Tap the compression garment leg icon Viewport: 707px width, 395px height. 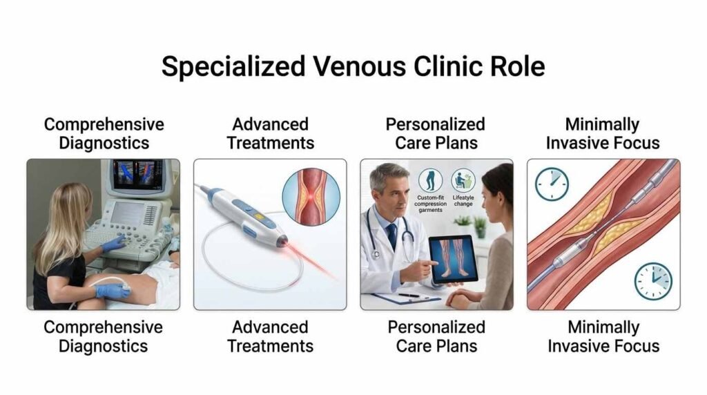click(430, 182)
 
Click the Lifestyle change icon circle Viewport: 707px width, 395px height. click(463, 182)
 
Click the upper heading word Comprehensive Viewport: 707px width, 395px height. click(104, 125)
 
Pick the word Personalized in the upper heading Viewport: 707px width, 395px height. click(435, 125)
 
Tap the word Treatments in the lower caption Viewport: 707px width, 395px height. click(270, 345)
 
